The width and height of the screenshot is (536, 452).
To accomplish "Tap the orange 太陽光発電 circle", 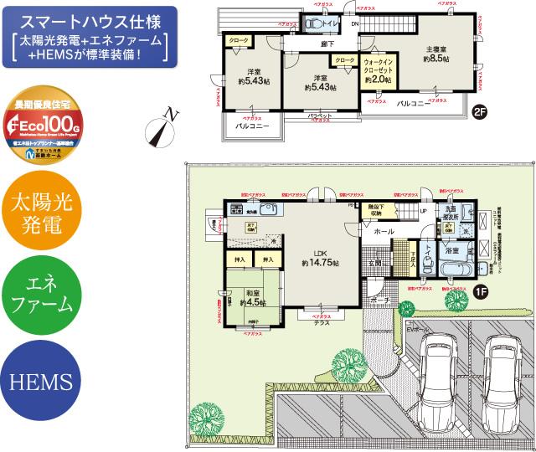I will (x=43, y=214).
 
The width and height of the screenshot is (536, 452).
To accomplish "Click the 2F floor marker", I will (x=479, y=111).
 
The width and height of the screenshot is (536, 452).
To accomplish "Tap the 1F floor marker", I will (x=481, y=291).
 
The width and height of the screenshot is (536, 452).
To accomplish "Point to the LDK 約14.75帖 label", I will (x=321, y=258).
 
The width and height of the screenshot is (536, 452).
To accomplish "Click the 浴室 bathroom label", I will (x=451, y=249).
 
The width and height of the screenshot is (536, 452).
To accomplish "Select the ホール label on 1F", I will (x=384, y=230).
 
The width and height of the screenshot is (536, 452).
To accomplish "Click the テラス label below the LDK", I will (x=321, y=324).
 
